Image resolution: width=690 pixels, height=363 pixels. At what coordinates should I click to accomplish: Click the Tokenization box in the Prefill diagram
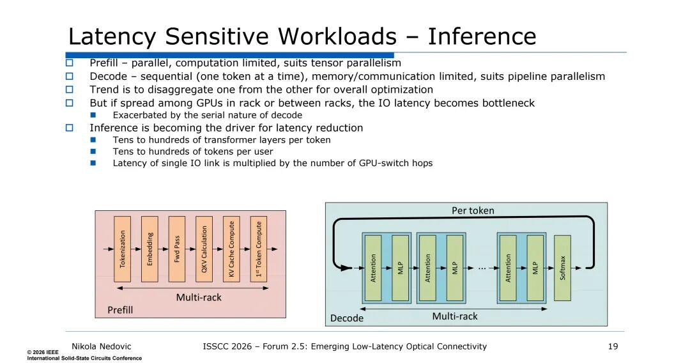(122, 249)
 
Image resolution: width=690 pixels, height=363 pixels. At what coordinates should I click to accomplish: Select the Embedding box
(149, 249)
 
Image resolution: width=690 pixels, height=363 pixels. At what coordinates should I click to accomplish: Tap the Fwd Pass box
(177, 249)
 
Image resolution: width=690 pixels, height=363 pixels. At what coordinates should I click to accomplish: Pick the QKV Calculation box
(204, 249)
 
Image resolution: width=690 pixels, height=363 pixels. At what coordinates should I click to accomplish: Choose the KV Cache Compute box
(231, 249)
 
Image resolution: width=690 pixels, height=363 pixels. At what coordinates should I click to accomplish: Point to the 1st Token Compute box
(259, 249)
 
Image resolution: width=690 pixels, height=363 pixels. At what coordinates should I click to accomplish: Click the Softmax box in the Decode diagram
(562, 268)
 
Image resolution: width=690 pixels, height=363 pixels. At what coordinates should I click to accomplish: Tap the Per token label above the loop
(473, 211)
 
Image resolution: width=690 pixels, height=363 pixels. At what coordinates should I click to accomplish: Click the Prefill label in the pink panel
(120, 310)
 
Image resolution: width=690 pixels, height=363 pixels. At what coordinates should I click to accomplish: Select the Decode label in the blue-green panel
(347, 318)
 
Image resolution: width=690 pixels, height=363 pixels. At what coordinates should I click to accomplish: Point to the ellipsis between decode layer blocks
(482, 268)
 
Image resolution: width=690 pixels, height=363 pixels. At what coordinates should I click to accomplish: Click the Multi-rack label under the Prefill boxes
(199, 297)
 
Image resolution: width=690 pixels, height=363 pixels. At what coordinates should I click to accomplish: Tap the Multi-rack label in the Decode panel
(455, 316)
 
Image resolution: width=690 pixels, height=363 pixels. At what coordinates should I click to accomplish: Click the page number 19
(613, 347)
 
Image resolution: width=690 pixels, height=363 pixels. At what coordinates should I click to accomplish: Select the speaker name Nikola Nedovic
(101, 347)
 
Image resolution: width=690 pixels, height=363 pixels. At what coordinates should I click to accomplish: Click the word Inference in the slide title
(482, 36)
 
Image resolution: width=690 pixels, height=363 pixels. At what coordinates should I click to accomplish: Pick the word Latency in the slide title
(112, 37)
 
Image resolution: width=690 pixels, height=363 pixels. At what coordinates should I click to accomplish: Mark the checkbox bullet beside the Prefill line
(70, 63)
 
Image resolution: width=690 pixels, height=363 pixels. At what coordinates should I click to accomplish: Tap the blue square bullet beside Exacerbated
(93, 115)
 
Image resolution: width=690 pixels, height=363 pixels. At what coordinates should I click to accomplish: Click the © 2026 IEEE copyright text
(43, 352)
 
